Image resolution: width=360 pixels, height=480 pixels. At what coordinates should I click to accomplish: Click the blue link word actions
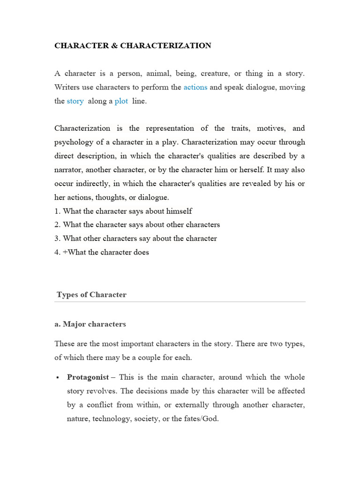click(195, 87)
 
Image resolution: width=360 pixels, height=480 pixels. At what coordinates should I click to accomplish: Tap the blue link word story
click(75, 101)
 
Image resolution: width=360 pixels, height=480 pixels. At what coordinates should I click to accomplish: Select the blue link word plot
click(121, 101)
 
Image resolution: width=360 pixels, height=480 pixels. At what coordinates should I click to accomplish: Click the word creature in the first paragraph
click(213, 74)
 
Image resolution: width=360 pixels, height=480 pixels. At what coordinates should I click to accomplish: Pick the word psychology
click(73, 142)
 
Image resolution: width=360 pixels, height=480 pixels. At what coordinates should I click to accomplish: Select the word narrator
click(68, 170)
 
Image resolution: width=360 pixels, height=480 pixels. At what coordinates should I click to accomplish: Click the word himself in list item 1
click(178, 211)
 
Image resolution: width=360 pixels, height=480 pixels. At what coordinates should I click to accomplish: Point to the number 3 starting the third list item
click(57, 238)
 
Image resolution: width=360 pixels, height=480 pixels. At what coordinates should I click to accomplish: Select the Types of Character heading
click(91, 295)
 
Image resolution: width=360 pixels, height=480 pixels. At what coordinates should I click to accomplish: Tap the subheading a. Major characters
click(90, 324)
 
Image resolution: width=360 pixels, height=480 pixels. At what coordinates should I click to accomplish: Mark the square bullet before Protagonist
click(57, 377)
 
